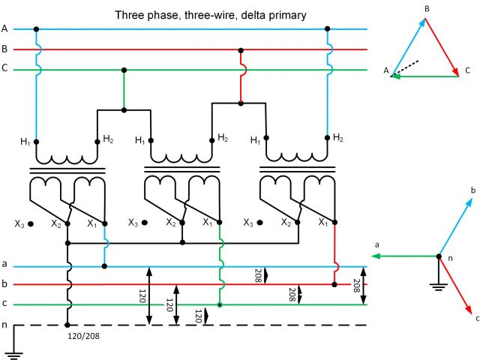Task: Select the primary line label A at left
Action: click(4, 28)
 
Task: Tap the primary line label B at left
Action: click(4, 49)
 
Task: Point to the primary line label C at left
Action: click(4, 69)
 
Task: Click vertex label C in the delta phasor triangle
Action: click(467, 70)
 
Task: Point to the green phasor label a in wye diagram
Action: click(376, 245)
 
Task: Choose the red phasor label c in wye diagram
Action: click(477, 318)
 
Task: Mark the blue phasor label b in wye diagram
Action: click(472, 191)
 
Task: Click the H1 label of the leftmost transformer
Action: click(25, 142)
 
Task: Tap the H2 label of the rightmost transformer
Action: click(338, 137)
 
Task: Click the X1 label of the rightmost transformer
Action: click(322, 222)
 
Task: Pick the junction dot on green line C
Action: click(124, 69)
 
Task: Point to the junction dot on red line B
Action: click(240, 49)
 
